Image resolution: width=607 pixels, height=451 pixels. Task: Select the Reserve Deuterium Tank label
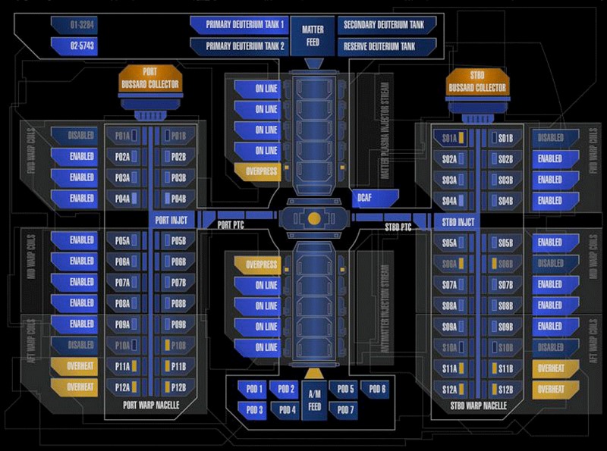pyautogui.click(x=388, y=47)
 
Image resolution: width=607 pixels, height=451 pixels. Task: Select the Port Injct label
pyautogui.click(x=170, y=221)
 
